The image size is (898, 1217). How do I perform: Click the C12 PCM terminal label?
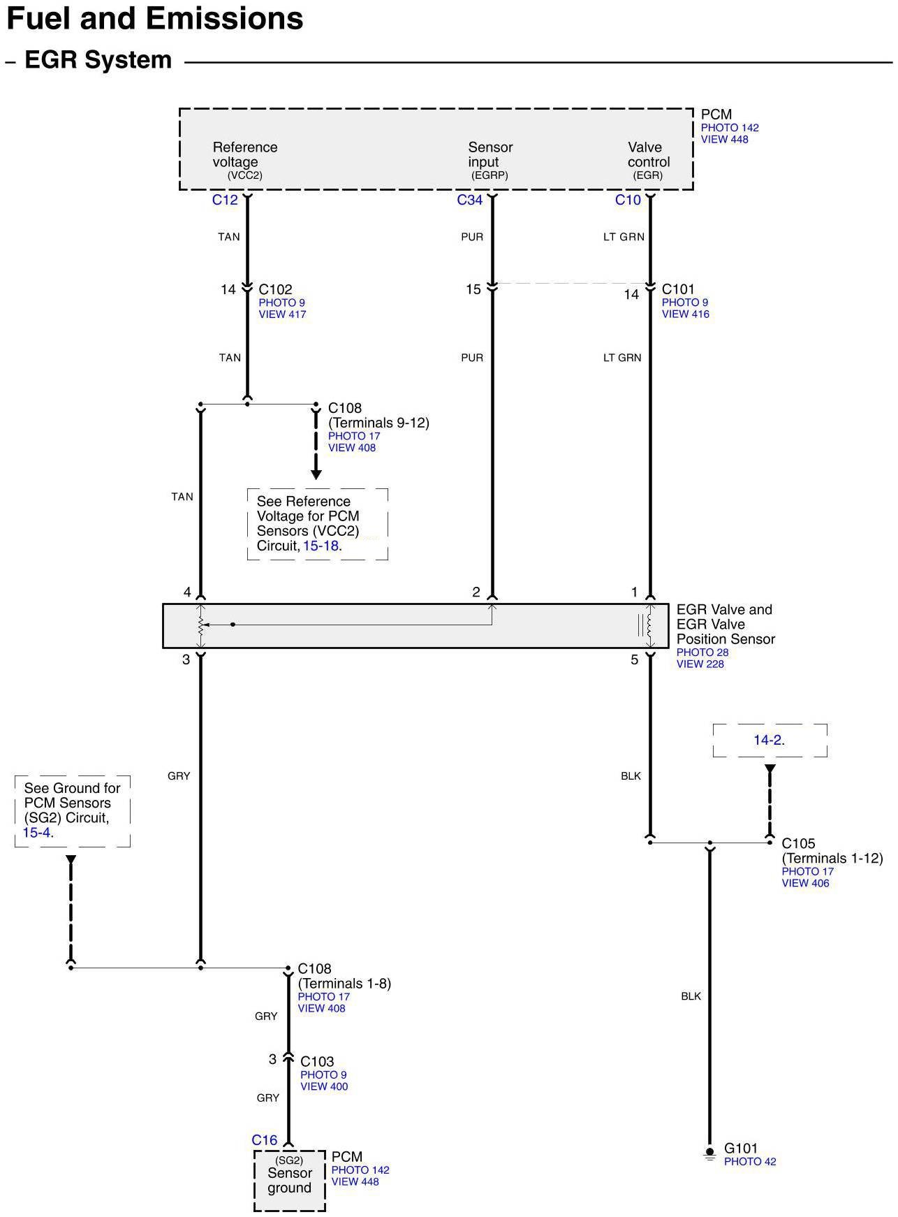pyautogui.click(x=225, y=201)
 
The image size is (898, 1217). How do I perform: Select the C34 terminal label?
pyautogui.click(x=469, y=201)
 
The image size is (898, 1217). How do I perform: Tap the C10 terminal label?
pyautogui.click(x=627, y=201)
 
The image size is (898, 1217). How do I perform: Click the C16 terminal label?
pyautogui.click(x=264, y=1140)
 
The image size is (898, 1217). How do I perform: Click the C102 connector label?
pyautogui.click(x=275, y=289)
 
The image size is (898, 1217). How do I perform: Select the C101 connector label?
pyautogui.click(x=678, y=289)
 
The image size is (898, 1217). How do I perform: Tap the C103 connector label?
pyautogui.click(x=317, y=1061)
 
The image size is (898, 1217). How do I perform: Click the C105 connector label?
pyautogui.click(x=798, y=843)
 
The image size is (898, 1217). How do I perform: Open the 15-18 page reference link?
pyautogui.click(x=321, y=546)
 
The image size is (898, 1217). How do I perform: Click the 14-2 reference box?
pyautogui.click(x=769, y=740)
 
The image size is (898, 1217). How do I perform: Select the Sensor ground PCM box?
pyautogui.click(x=289, y=1181)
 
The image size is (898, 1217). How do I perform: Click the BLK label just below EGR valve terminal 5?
pyautogui.click(x=631, y=776)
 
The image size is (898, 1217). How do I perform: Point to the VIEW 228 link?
pyautogui.click(x=700, y=664)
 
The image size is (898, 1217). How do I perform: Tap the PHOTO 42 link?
pyautogui.click(x=749, y=1162)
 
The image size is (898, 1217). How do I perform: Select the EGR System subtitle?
pyautogui.click(x=98, y=60)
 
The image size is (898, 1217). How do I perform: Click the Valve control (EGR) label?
pyautogui.click(x=647, y=161)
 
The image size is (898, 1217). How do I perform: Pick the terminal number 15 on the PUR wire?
pyautogui.click(x=473, y=289)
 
